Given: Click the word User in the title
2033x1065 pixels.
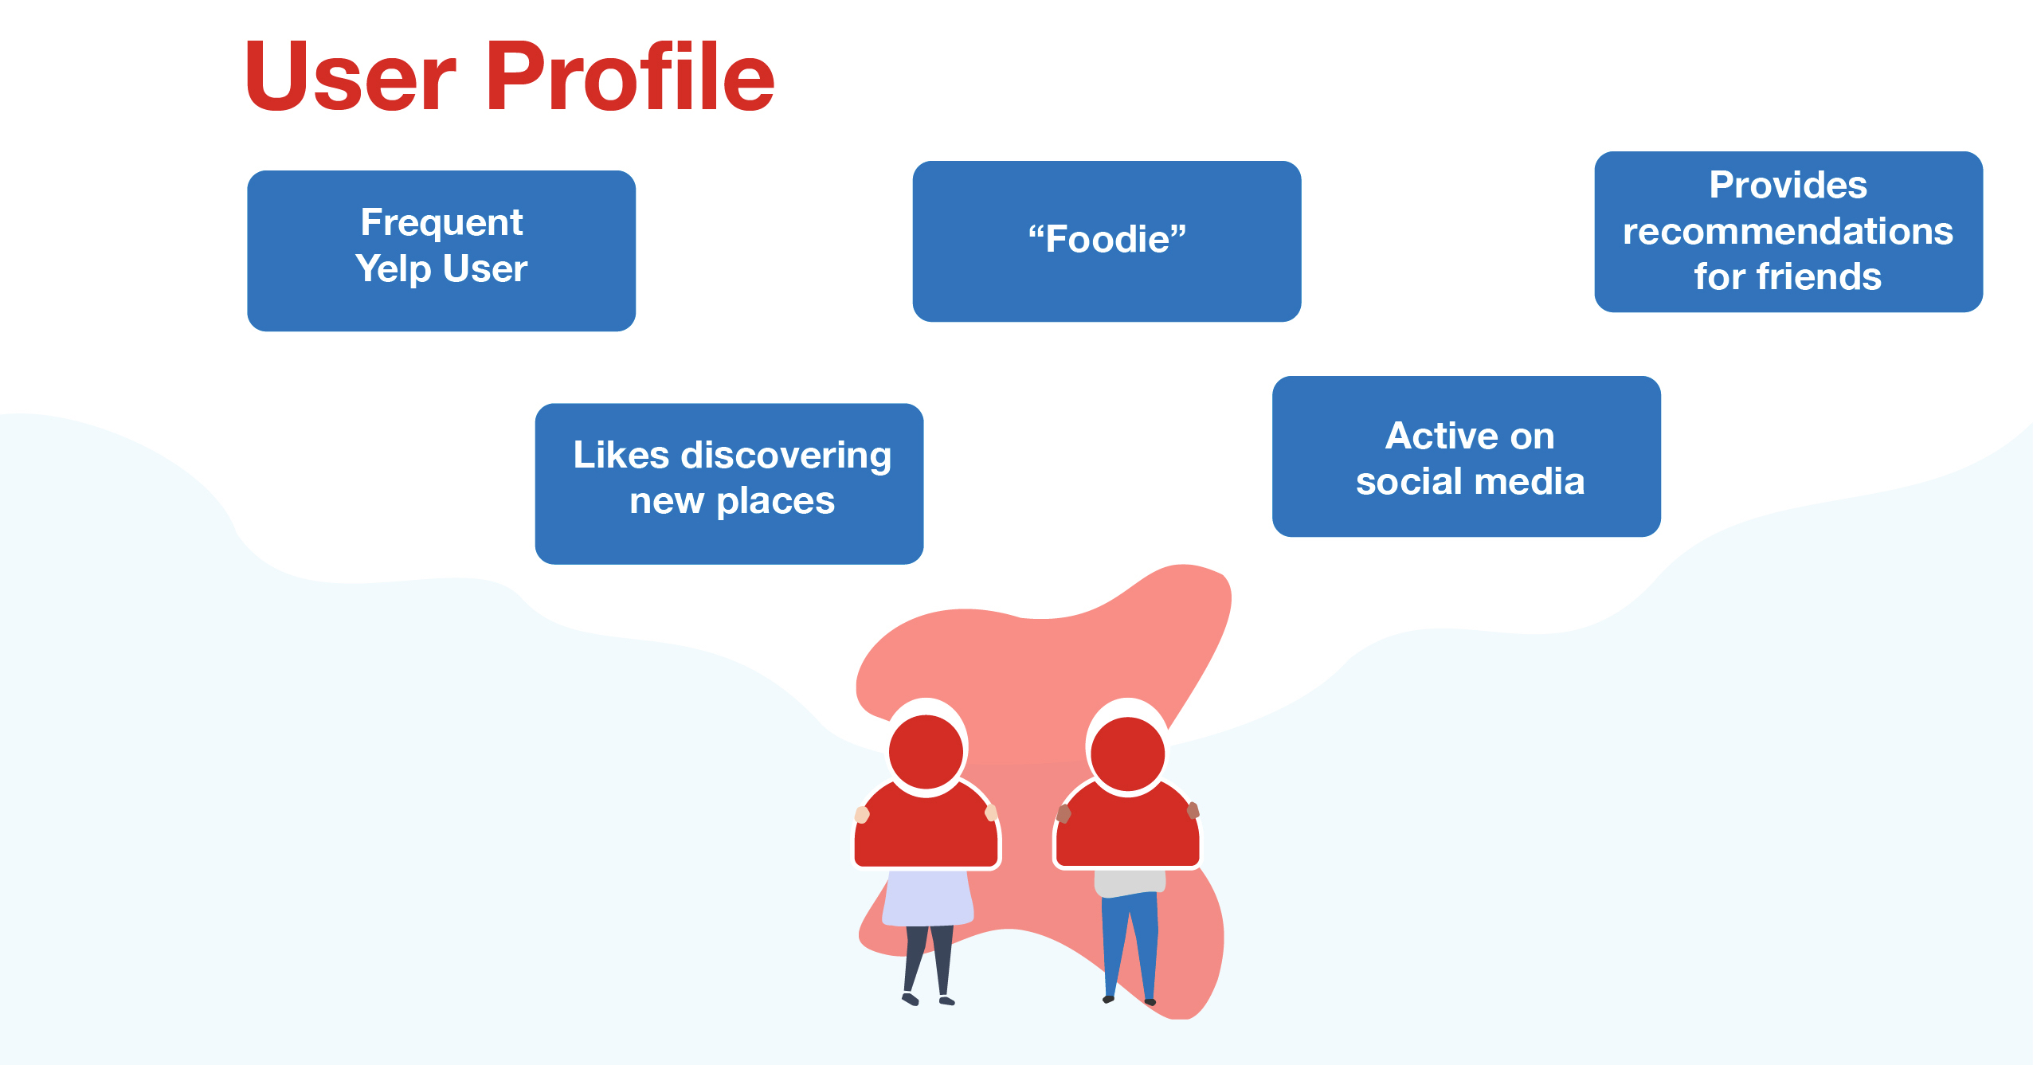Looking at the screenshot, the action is [351, 76].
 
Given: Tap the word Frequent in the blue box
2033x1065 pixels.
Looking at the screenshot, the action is [441, 222].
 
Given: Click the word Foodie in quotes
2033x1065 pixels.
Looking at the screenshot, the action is [1107, 239].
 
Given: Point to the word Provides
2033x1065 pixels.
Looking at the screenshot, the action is [1788, 186].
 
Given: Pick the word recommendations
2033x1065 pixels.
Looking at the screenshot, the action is [1788, 232].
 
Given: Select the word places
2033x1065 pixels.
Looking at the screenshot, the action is [775, 502].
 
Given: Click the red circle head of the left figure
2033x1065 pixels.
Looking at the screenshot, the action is [926, 751].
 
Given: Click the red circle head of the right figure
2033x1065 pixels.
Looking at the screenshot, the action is [1127, 754].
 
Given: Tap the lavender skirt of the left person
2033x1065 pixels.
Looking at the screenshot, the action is [927, 898].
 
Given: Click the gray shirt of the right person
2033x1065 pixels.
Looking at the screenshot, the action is [1130, 882].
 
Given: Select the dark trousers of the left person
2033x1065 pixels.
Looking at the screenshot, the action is [928, 960].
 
